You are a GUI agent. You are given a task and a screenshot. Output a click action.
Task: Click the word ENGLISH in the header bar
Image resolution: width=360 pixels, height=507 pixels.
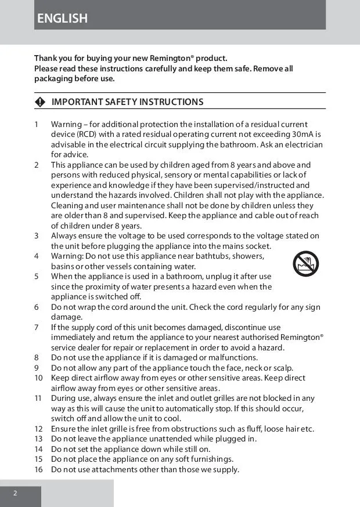click(62, 19)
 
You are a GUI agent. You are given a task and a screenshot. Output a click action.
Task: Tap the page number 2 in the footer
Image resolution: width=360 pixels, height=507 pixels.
click(16, 493)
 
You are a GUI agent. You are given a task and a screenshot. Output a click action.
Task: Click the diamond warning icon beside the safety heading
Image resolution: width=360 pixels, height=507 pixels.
click(39, 102)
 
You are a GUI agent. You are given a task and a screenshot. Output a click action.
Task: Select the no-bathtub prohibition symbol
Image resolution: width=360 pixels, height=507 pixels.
click(305, 264)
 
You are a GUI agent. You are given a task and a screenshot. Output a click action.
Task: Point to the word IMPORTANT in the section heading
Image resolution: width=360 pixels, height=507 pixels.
click(77, 102)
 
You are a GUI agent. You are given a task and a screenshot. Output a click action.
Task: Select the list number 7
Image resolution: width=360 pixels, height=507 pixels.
click(37, 327)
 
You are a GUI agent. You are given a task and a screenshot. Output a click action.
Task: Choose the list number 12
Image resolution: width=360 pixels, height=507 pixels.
click(38, 429)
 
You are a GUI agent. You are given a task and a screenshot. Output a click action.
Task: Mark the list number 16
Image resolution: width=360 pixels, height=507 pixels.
click(38, 469)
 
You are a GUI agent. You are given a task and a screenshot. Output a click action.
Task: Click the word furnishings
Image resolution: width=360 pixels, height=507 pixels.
click(208, 459)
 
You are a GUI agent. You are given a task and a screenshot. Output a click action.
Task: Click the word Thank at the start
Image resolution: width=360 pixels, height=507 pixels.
click(46, 58)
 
